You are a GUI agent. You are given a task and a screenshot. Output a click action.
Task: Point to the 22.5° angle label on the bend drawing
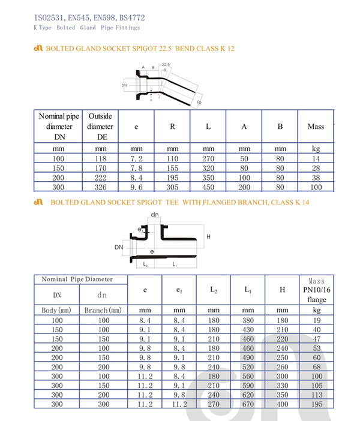coord(165,64)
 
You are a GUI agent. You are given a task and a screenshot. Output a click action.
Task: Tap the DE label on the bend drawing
coord(199,103)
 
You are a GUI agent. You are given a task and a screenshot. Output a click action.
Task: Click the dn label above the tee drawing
coord(155,214)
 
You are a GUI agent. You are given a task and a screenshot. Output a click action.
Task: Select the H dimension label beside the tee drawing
coord(209,237)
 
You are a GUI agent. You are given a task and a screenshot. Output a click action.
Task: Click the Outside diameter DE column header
coord(100,127)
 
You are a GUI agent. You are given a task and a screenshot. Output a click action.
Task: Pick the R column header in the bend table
coord(172,127)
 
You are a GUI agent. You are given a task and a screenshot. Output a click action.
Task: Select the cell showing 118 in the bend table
coord(100,158)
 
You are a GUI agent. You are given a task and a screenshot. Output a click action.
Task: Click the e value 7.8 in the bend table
coord(136,168)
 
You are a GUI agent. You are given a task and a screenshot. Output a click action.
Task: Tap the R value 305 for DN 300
coord(172,188)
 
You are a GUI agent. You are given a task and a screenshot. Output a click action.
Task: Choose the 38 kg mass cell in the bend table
coord(316,178)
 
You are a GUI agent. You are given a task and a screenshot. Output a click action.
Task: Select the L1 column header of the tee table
coord(248,290)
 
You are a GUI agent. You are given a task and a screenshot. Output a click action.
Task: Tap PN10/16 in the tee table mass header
coord(316,290)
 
